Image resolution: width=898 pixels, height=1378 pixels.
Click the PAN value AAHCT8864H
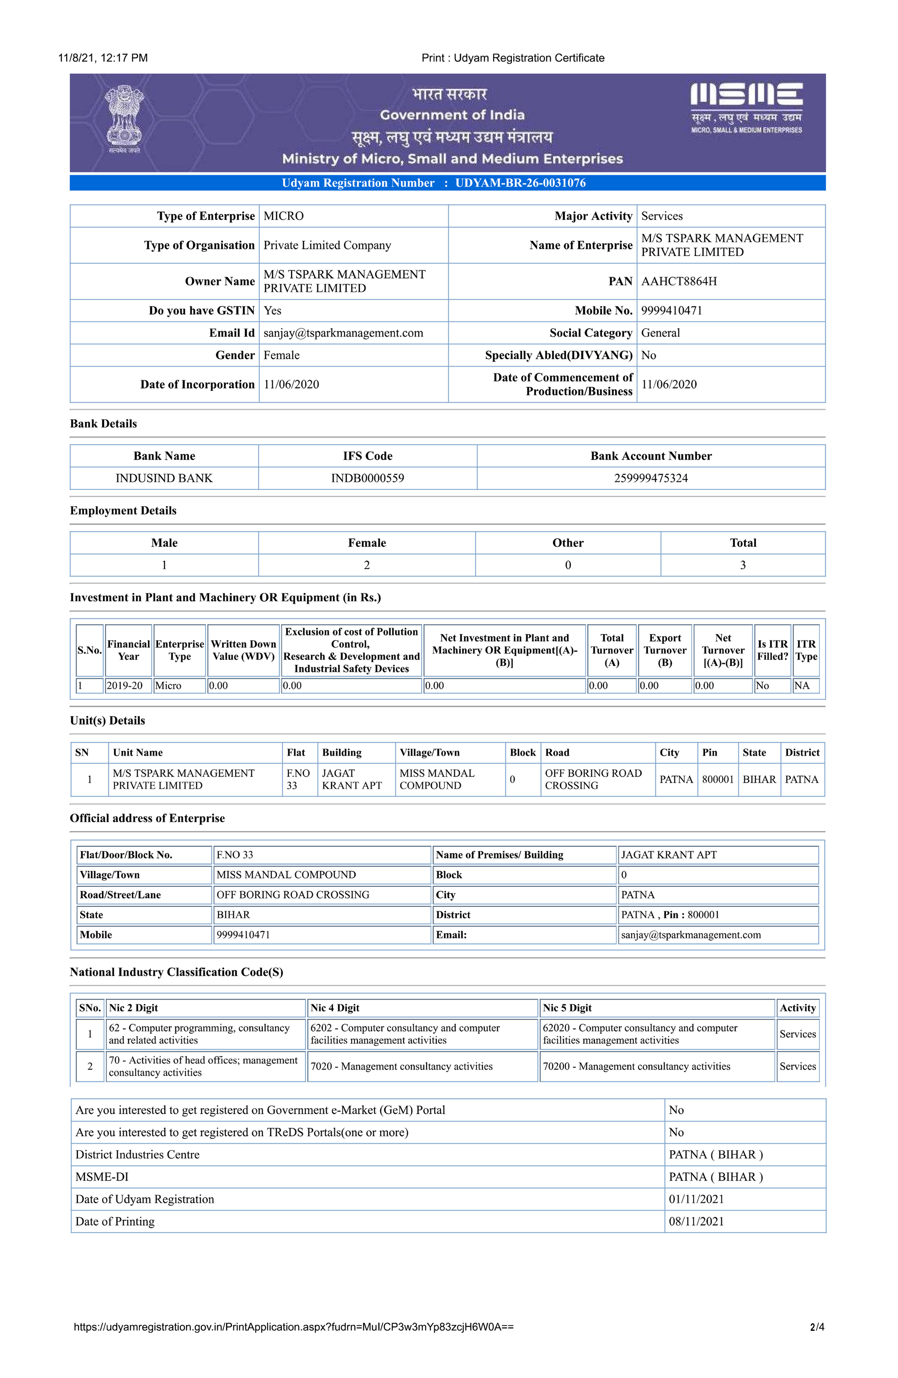click(x=678, y=281)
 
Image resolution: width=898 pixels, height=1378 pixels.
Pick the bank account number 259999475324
click(x=651, y=478)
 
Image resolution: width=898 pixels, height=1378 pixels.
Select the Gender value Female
click(x=281, y=355)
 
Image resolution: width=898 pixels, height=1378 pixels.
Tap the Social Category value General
click(x=660, y=333)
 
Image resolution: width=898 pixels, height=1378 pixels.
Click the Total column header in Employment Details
click(x=743, y=543)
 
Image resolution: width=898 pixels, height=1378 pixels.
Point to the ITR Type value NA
click(x=802, y=686)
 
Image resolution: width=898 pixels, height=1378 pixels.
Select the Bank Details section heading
click(x=104, y=424)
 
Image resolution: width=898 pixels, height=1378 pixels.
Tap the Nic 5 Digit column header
click(x=567, y=1008)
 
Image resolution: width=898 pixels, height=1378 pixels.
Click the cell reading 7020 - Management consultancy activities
click(x=401, y=1066)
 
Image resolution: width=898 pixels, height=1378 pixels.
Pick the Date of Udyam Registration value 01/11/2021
click(x=696, y=1199)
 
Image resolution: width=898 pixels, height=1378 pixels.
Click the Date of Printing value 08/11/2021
click(x=696, y=1222)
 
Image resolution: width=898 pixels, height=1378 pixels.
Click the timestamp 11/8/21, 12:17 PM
click(x=103, y=58)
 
